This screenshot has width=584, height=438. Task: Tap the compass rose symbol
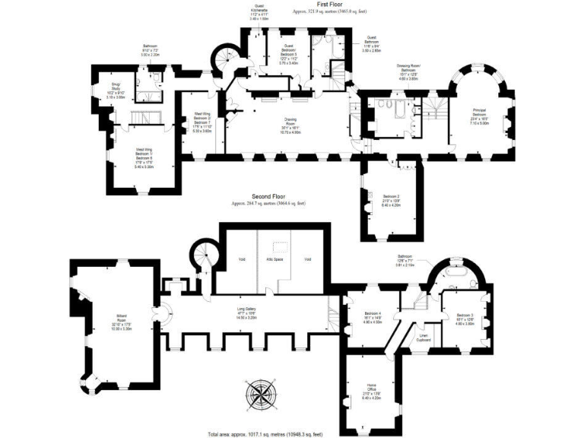[261, 394]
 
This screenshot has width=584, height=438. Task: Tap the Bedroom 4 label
[372, 317]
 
